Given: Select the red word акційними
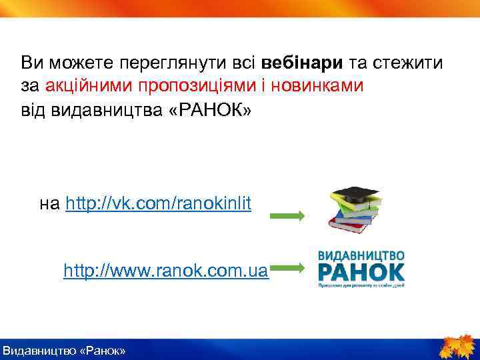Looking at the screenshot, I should click(x=89, y=86).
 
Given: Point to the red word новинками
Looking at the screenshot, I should click(x=321, y=86).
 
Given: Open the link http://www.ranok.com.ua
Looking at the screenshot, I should click(x=166, y=271).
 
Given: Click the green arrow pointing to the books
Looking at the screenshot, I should click(x=287, y=216).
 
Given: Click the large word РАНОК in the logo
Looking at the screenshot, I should click(x=361, y=271).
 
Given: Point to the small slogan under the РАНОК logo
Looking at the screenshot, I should click(x=361, y=285).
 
